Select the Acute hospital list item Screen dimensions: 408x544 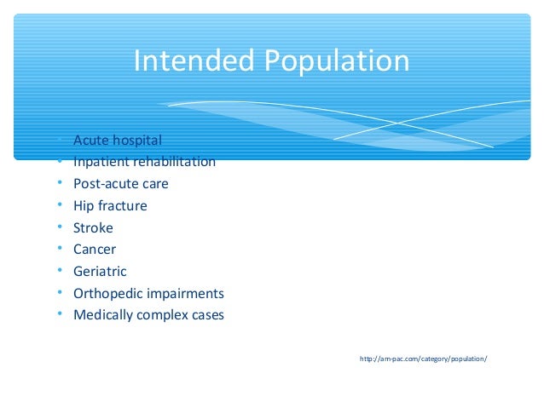117,140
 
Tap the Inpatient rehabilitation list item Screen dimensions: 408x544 144,162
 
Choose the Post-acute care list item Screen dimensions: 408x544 121,184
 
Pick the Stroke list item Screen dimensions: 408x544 93,228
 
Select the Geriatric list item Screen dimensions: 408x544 100,272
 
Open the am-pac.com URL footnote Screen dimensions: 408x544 424,359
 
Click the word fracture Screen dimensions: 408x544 122,206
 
